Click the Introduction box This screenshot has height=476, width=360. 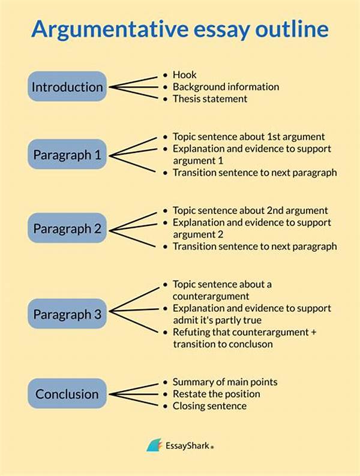pyautogui.click(x=67, y=86)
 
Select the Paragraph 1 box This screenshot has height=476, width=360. pyautogui.click(x=67, y=155)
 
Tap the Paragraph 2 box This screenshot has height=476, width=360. pyautogui.click(x=67, y=228)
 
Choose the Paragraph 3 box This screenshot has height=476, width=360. pyautogui.click(x=67, y=314)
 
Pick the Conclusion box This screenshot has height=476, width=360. pyautogui.click(x=67, y=394)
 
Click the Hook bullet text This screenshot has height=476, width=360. pyautogui.click(x=184, y=74)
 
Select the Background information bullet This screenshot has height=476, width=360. pyautogui.click(x=226, y=86)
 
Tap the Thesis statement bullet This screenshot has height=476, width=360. pyautogui.click(x=210, y=99)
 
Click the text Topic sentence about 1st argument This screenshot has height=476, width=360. pyautogui.click(x=248, y=136)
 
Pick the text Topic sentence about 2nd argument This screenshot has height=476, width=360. pyautogui.click(x=250, y=210)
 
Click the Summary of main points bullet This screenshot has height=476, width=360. pyautogui.click(x=225, y=381)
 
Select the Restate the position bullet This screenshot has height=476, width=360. pyautogui.click(x=216, y=394)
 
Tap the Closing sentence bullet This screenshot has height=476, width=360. pyautogui.click(x=209, y=406)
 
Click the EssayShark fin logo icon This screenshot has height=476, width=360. pyautogui.click(x=154, y=445)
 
